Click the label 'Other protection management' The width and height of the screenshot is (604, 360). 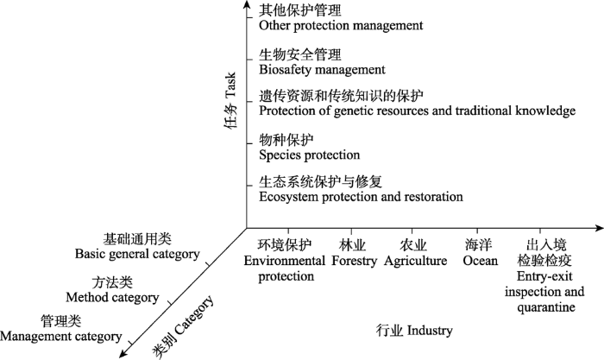click(x=341, y=25)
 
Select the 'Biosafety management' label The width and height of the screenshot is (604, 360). click(x=322, y=70)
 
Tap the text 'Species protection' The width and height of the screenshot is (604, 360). click(x=309, y=155)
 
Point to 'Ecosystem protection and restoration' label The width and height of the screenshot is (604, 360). click(x=361, y=197)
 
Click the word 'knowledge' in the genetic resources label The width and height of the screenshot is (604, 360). click(x=545, y=111)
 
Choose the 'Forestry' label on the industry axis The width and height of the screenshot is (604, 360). click(x=354, y=261)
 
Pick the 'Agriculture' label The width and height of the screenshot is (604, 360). click(x=415, y=261)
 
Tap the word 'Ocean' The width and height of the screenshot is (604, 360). click(x=481, y=261)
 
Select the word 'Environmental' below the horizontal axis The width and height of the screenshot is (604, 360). click(x=285, y=261)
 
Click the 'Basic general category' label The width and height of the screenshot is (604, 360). click(x=137, y=254)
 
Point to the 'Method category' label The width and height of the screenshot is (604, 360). click(x=112, y=297)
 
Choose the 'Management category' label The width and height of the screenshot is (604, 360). click(x=61, y=337)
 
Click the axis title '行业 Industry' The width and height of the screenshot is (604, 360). click(x=414, y=331)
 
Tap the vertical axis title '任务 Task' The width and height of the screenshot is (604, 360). click(x=230, y=101)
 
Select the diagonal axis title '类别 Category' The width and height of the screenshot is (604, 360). click(x=182, y=327)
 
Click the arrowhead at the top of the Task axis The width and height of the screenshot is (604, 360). click(x=246, y=3)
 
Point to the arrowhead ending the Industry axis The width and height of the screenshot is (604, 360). click(x=599, y=228)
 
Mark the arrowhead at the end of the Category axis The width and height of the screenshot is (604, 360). click(x=123, y=353)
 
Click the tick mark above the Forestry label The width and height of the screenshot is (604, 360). click(x=351, y=231)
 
